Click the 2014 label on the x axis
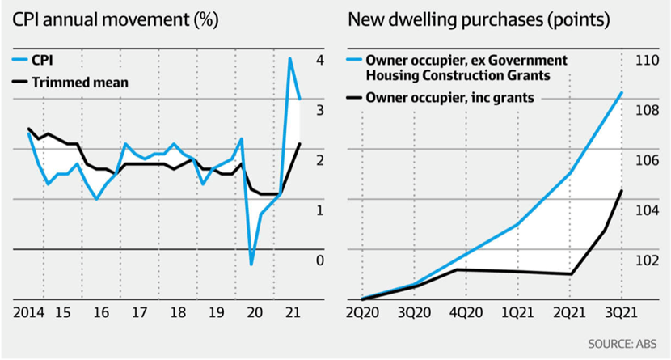click(27, 312)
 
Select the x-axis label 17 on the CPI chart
click(139, 312)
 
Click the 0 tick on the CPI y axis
click(320, 260)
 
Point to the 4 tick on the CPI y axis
click(320, 60)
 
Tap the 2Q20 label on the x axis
click(363, 312)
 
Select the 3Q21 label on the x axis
click(620, 312)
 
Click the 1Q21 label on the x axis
click(517, 312)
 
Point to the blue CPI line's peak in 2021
click(290, 58)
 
